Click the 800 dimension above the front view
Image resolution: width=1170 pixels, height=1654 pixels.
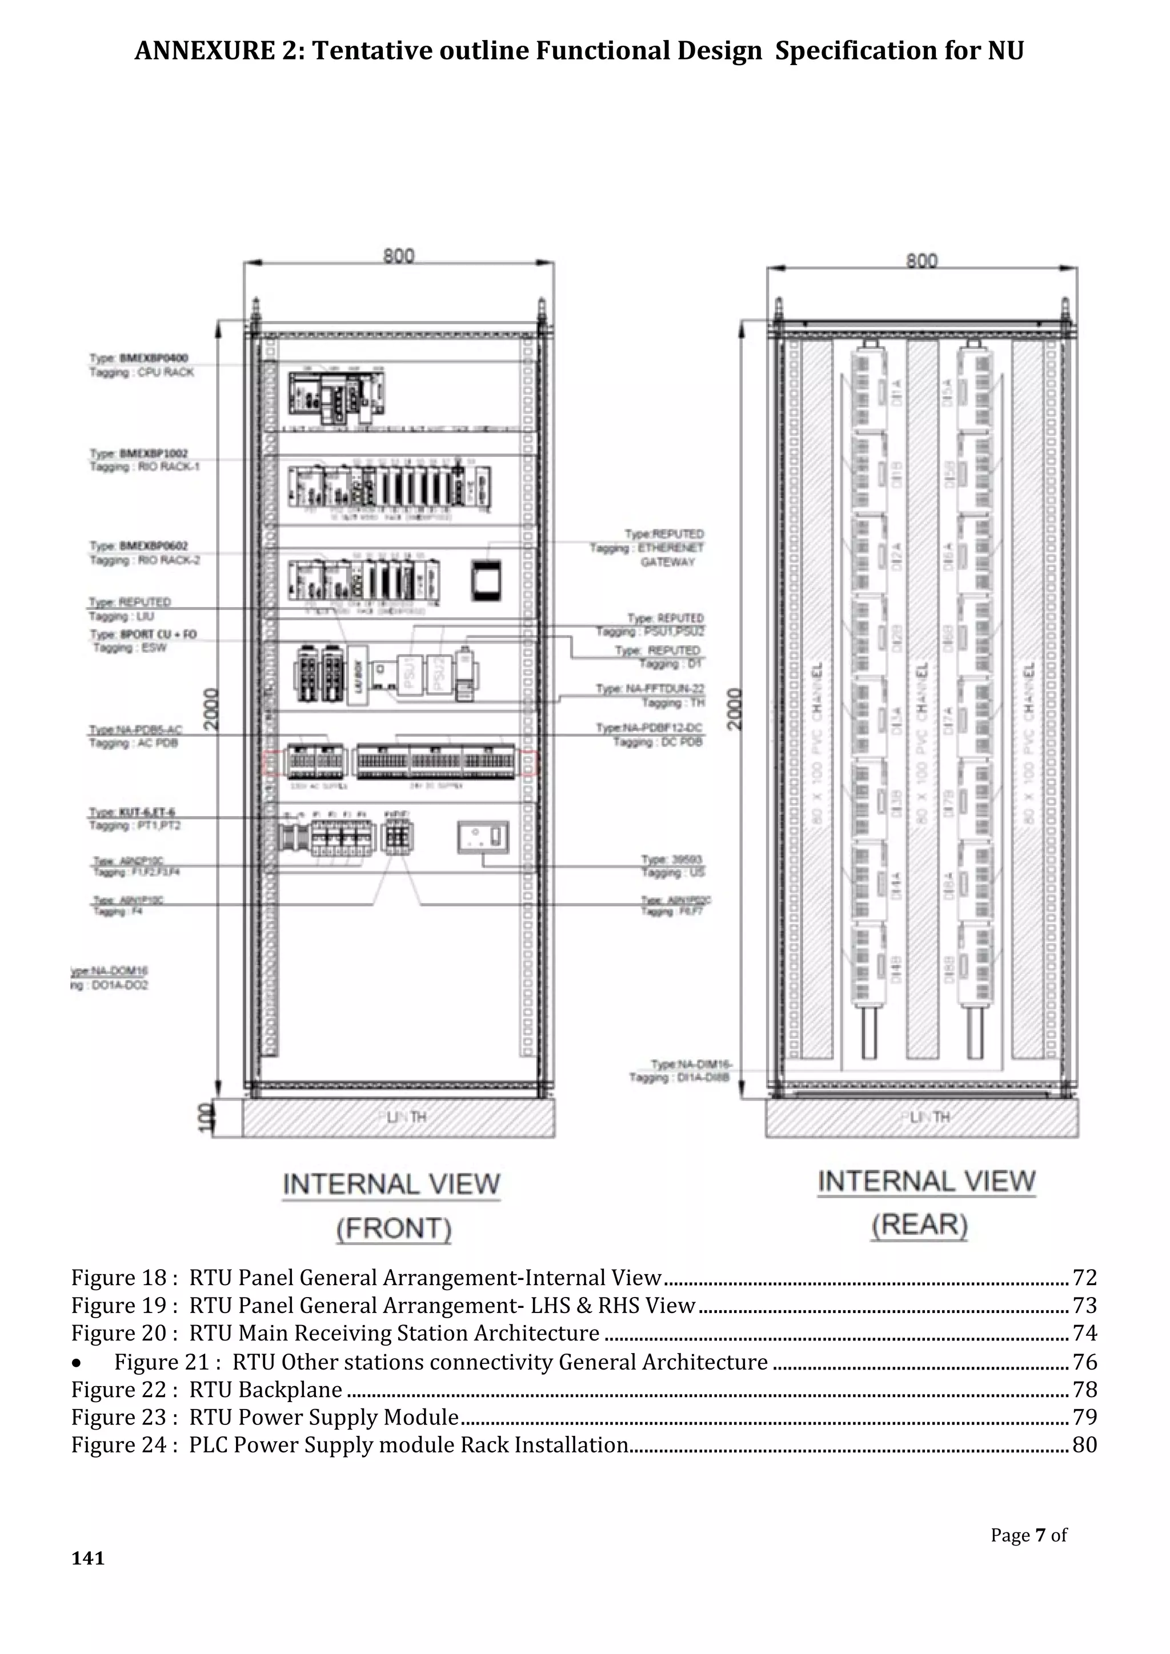[398, 256]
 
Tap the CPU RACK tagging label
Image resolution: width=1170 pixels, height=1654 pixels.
[142, 372]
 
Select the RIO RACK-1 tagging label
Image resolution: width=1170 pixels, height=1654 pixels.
[144, 467]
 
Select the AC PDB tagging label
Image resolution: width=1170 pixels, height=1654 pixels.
[133, 742]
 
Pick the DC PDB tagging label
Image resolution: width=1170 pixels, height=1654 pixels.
[657, 742]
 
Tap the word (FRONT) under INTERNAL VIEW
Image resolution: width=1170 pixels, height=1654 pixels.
[394, 1229]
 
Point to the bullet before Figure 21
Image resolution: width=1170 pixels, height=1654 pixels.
[77, 1363]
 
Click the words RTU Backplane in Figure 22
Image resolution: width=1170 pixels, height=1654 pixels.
[265, 1390]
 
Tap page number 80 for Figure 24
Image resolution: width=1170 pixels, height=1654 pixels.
[1084, 1446]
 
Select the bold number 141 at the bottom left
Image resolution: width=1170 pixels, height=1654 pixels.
[88, 1558]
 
